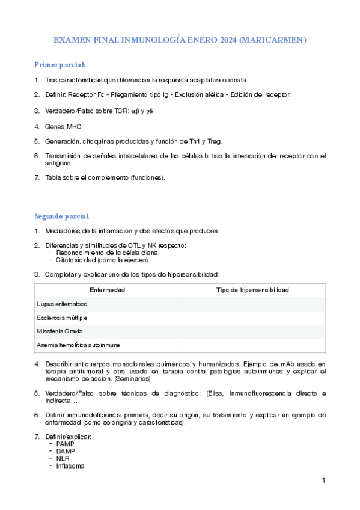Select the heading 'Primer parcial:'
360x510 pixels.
pos(59,64)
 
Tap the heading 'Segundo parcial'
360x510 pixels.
pos(62,216)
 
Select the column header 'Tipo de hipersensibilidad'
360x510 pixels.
pos(252,290)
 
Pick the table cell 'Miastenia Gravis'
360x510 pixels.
pos(59,331)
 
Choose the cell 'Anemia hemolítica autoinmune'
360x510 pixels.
pos(79,345)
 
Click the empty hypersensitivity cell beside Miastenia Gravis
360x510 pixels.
pos(252,331)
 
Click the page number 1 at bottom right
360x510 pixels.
pos(323,480)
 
